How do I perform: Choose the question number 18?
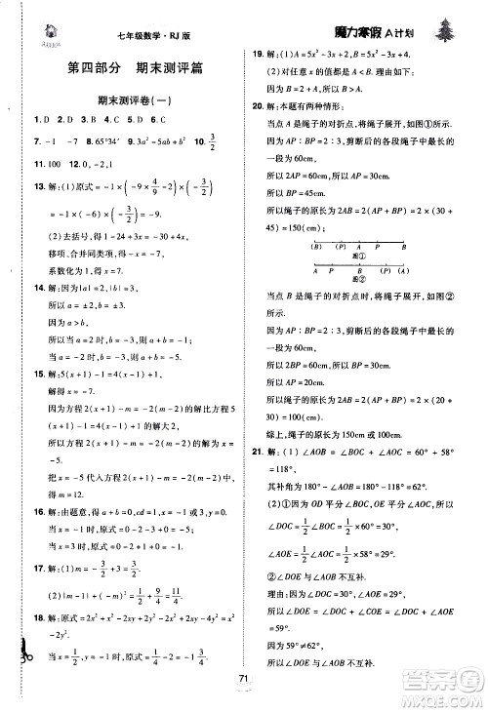pyautogui.click(x=38, y=633)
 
